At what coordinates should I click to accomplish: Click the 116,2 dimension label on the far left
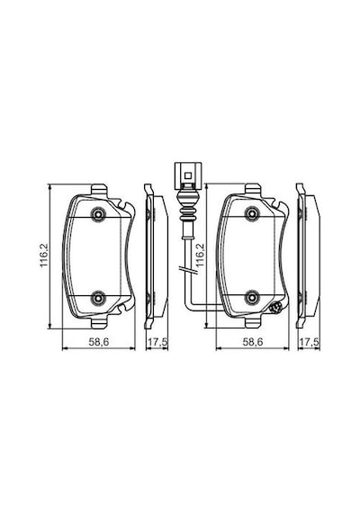(x=44, y=256)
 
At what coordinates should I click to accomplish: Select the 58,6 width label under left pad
(x=98, y=342)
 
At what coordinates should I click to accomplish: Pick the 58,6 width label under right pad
(x=253, y=342)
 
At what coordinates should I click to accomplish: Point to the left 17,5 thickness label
(x=157, y=342)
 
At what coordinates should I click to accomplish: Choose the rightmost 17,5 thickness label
(x=310, y=342)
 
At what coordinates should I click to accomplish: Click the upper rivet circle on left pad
(x=98, y=214)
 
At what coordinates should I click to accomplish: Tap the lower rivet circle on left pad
(x=98, y=298)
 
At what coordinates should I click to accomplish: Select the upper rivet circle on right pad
(x=252, y=213)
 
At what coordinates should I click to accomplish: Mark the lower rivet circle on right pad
(x=252, y=297)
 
